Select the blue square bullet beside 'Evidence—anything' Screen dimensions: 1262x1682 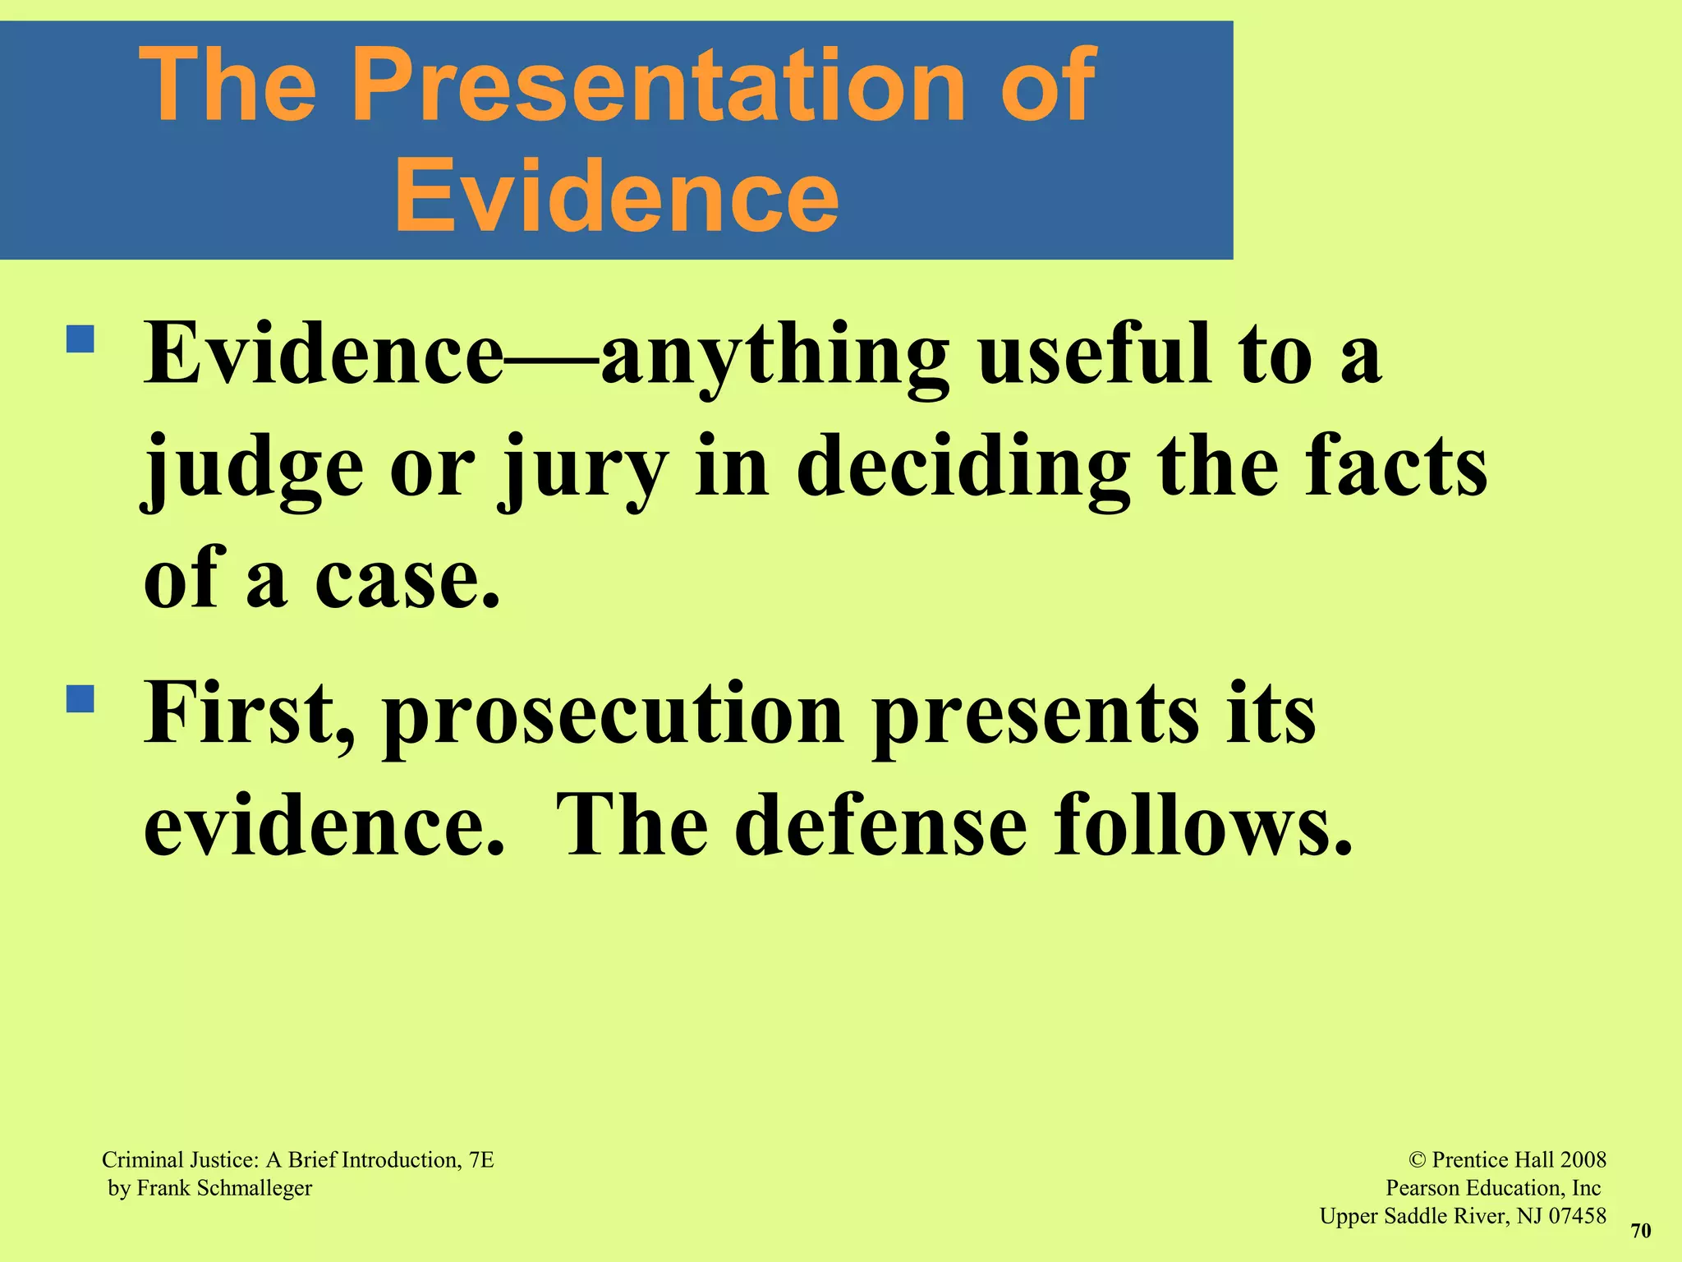click(x=81, y=339)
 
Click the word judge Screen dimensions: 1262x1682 click(x=253, y=470)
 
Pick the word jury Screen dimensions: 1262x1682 click(x=583, y=470)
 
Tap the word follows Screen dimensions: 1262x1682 click(x=1202, y=826)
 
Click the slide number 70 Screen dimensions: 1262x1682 click(x=1640, y=1231)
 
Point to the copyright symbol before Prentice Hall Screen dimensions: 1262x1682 click(x=1418, y=1160)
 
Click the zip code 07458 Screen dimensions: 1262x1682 click(x=1577, y=1216)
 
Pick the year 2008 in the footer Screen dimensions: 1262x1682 click(x=1583, y=1160)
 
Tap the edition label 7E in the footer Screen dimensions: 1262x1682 click(x=481, y=1160)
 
